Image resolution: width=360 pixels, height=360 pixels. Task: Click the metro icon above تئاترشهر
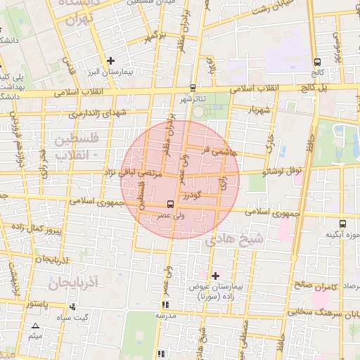click(x=193, y=88)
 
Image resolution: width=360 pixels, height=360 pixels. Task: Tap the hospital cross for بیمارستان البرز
click(x=110, y=61)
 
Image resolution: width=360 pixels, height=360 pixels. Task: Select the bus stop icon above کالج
click(x=318, y=62)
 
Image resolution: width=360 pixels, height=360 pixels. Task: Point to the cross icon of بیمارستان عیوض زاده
click(x=215, y=275)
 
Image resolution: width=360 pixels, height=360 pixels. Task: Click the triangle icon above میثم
click(x=35, y=326)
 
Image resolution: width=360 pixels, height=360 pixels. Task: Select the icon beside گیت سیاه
click(x=73, y=307)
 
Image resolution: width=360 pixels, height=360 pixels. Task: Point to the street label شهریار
click(x=259, y=110)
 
